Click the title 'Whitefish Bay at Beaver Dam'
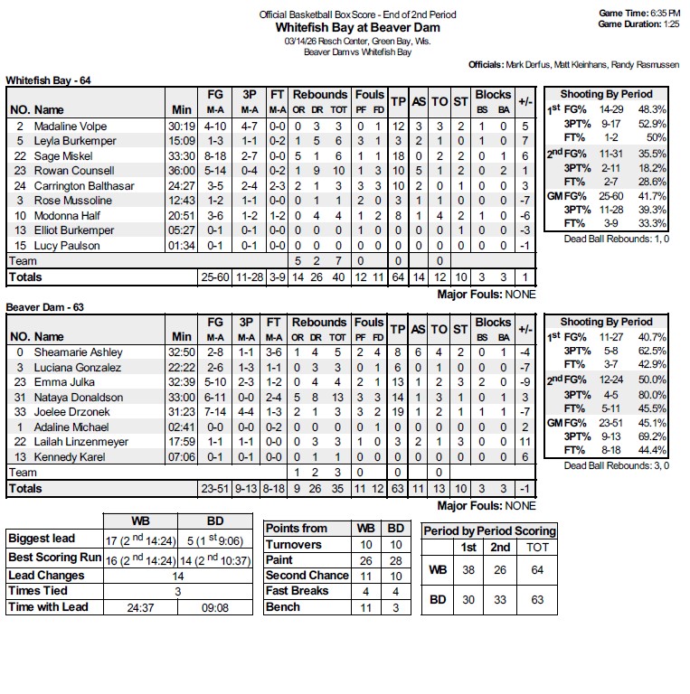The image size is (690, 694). pyautogui.click(x=357, y=27)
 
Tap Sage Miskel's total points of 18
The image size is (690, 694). pyautogui.click(x=398, y=155)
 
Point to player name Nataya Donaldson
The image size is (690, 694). pyautogui.click(x=79, y=397)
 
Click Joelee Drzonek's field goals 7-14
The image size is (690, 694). pyautogui.click(x=214, y=412)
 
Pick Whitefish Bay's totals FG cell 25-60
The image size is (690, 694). pyautogui.click(x=214, y=277)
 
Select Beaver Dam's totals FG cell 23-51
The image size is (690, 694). pyautogui.click(x=214, y=488)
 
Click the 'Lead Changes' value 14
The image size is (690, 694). pyautogui.click(x=178, y=575)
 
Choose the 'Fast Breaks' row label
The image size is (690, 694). pyautogui.click(x=297, y=591)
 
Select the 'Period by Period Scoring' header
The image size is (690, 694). pyautogui.click(x=489, y=530)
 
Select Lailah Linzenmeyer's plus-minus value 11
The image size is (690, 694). pyautogui.click(x=525, y=442)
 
